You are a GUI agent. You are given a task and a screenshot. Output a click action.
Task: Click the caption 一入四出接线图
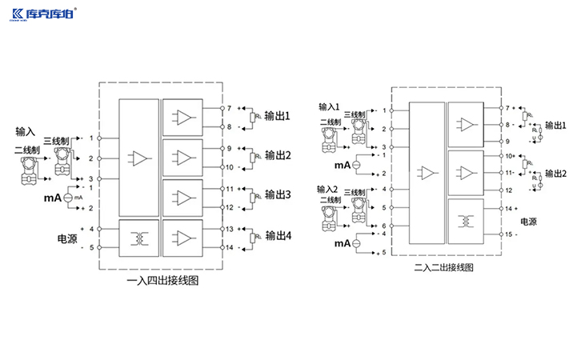pyautogui.click(x=164, y=282)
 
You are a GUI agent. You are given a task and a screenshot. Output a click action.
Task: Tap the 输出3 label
pyautogui.click(x=278, y=194)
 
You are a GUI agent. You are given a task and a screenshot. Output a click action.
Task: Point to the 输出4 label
pyautogui.click(x=278, y=235)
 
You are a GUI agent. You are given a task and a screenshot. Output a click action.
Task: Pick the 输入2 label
pyautogui.click(x=329, y=190)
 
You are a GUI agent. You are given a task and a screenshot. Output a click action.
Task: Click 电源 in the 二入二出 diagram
pyautogui.click(x=530, y=221)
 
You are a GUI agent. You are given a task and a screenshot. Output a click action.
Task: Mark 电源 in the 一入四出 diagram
pyautogui.click(x=66, y=238)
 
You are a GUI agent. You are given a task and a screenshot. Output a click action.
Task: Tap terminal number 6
pyautogui.click(x=384, y=226)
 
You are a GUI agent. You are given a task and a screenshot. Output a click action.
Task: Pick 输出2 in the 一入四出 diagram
pyautogui.click(x=278, y=154)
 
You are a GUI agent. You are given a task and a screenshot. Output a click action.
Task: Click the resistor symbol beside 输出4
pyautogui.click(x=254, y=238)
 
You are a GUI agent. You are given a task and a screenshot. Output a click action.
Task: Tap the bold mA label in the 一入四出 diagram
pyautogui.click(x=53, y=197)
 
